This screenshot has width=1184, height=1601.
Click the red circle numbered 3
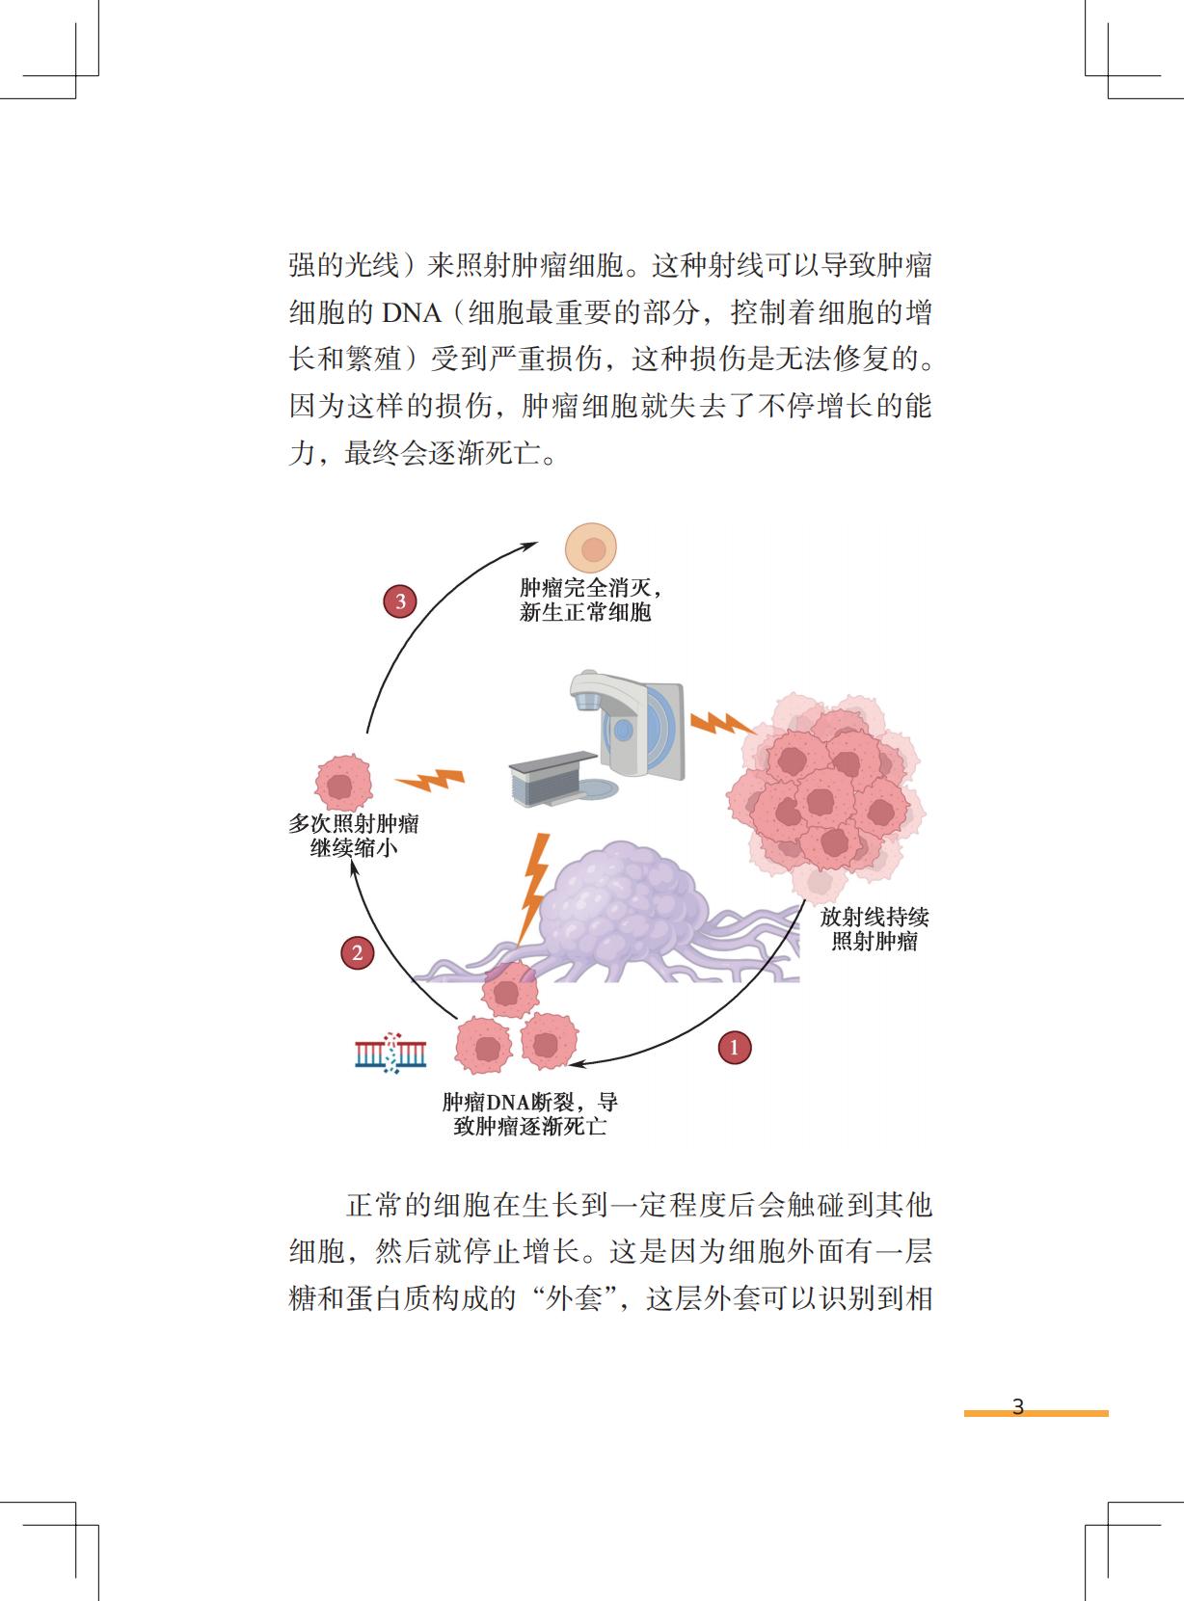pos(399,602)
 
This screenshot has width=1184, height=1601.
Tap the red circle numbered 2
pos(357,953)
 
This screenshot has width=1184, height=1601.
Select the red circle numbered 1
pos(735,1047)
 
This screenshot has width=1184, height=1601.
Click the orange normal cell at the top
pos(591,548)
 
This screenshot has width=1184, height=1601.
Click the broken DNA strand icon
pos(391,1054)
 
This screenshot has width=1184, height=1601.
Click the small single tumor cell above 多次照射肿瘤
pos(343,784)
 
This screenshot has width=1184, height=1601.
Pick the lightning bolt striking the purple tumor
pos(533,887)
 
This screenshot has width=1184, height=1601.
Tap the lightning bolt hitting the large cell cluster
pos(719,722)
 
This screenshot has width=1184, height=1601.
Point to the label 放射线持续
pos(874,917)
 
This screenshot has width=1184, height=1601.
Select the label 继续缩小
pos(353,849)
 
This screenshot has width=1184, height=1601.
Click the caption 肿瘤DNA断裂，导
pos(529,1103)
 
